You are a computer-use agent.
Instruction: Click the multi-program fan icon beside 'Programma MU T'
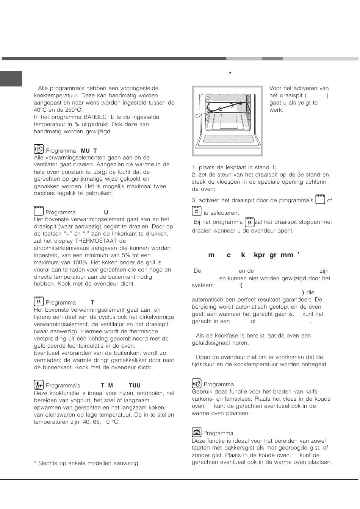[x=38, y=149]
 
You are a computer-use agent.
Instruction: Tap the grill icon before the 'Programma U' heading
[x=39, y=211]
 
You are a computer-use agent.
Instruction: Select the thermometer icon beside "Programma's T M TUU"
[x=39, y=385]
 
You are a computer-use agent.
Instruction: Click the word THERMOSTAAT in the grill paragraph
[x=96, y=241]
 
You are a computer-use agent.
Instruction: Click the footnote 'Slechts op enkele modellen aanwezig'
[x=87, y=463]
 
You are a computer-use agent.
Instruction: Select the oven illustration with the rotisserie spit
[x=227, y=120]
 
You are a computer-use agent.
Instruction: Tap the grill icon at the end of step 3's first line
[x=320, y=199]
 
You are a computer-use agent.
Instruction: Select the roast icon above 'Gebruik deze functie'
[x=196, y=383]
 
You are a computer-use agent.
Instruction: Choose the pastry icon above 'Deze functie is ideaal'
[x=196, y=432]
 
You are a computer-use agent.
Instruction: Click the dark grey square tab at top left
[x=11, y=79]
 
